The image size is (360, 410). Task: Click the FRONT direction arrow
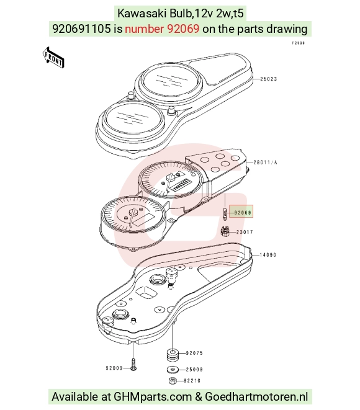53,58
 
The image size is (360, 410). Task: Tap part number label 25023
268,79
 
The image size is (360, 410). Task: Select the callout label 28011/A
265,163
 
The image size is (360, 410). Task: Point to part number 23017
245,232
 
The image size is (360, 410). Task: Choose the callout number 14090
268,255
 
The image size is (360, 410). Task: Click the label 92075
194,353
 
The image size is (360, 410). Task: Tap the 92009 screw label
114,368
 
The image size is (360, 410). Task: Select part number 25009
194,370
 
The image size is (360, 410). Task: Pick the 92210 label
192,381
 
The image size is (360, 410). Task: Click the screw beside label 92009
133,365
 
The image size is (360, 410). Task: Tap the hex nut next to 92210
173,381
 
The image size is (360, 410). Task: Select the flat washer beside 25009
173,370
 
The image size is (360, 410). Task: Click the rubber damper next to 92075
173,354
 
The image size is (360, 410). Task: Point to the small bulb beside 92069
225,214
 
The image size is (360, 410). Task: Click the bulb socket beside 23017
225,231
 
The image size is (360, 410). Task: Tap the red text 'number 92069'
162,29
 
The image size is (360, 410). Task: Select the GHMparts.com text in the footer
153,397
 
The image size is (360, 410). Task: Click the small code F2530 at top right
299,43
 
